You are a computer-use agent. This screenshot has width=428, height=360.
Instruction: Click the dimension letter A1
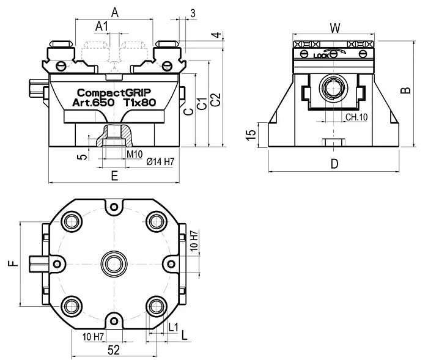tap(102, 26)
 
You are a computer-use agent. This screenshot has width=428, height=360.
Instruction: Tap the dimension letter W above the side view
tap(335, 28)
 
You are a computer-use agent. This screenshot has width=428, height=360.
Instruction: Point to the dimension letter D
tap(334, 164)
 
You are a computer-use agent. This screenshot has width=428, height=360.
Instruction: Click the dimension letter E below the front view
tap(115, 176)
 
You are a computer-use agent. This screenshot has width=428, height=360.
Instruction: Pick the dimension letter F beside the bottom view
tap(13, 263)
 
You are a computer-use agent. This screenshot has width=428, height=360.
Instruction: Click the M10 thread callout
tap(135, 154)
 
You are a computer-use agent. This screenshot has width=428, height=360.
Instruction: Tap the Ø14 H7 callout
tap(160, 161)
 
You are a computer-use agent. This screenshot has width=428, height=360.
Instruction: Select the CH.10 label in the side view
tap(356, 117)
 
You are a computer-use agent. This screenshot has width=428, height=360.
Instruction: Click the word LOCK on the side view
tap(321, 56)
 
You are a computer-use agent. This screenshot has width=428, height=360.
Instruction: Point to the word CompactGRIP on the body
tap(114, 93)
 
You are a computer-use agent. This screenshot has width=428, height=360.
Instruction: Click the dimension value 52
tap(114, 350)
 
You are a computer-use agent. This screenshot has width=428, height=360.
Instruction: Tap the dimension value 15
tap(251, 135)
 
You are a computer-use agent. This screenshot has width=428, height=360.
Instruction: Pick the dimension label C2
tap(216, 100)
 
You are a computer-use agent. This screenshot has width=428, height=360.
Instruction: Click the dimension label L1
tap(173, 327)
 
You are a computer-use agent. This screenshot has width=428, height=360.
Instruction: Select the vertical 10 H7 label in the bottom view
tap(194, 241)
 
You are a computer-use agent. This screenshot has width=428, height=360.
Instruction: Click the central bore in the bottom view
tap(114, 264)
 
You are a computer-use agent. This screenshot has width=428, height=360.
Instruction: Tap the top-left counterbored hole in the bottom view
tap(72, 222)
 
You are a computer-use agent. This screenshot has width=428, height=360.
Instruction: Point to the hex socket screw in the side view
tap(333, 88)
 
